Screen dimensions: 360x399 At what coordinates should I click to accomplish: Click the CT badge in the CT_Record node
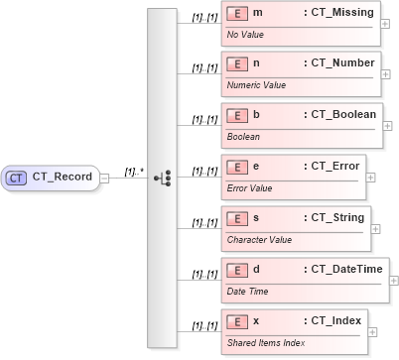[x=17, y=178]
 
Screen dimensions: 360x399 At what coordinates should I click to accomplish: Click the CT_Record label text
[x=63, y=178]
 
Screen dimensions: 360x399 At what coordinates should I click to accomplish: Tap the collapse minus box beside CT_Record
[x=104, y=178]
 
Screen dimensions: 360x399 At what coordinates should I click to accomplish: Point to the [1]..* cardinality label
[x=133, y=171]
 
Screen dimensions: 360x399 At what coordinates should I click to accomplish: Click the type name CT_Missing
[x=340, y=13]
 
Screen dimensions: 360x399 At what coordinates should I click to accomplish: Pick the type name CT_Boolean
[x=340, y=116]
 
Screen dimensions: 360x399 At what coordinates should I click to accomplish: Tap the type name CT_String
[x=334, y=217]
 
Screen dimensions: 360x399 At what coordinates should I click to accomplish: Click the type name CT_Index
[x=333, y=320]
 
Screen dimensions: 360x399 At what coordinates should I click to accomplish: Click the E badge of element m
[x=237, y=14]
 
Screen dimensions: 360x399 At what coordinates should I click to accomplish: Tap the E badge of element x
[x=237, y=321]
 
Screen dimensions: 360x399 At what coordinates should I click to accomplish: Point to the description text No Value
[x=247, y=34]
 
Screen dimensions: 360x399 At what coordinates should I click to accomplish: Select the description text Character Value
[x=260, y=239]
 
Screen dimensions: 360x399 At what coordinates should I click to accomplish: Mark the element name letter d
[x=257, y=269]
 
